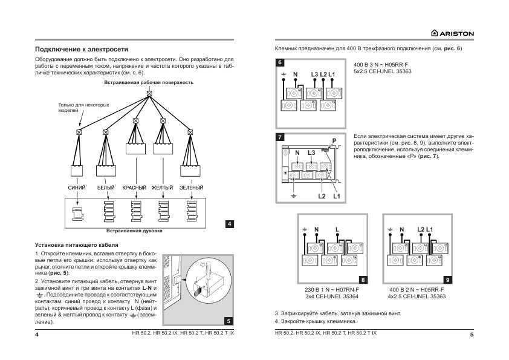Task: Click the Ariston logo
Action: click(452, 33)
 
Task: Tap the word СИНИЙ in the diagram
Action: click(76, 188)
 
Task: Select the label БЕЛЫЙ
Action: click(106, 188)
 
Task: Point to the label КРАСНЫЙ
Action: click(135, 188)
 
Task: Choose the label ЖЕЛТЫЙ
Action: click(162, 188)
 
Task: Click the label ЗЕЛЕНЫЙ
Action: click(191, 188)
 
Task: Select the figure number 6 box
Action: click(280, 63)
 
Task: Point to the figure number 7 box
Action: click(280, 137)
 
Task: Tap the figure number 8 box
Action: click(362, 280)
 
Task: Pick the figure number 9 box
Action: click(447, 280)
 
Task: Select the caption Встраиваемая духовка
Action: click(134, 231)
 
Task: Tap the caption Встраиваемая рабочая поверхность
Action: click(149, 82)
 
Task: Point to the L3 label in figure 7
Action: click(311, 152)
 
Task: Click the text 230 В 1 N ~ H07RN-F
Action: click(332, 290)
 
